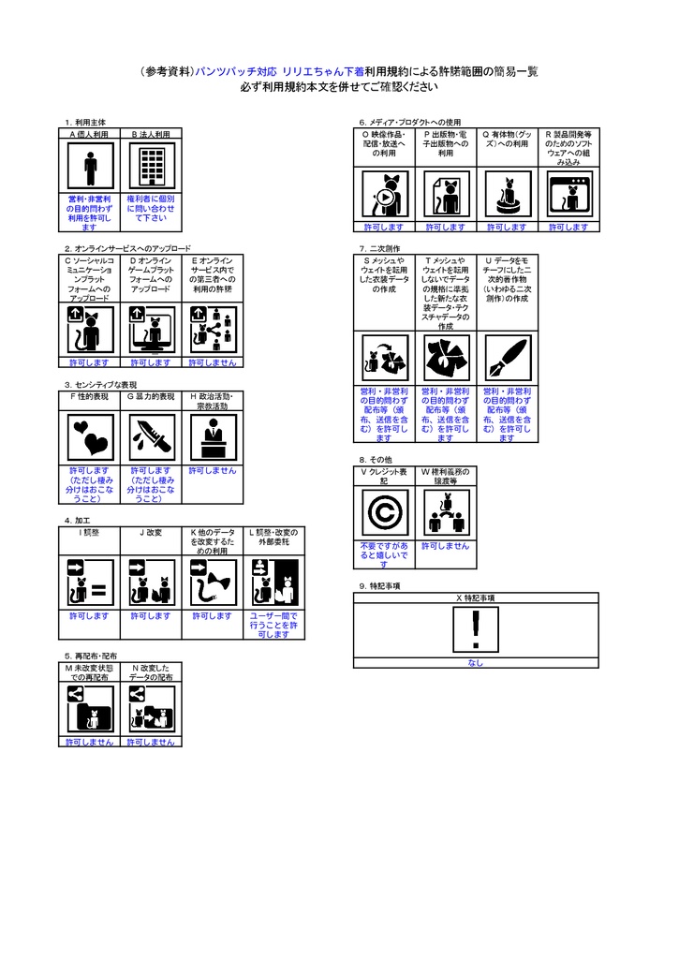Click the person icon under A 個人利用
coord(90,169)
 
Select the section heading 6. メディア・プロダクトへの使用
coord(410,123)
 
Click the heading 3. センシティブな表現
coord(101,384)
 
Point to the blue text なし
coord(476,663)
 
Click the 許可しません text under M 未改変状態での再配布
coord(90,742)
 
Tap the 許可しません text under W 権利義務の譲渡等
coord(446,546)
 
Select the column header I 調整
coord(90,532)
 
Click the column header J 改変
coord(152,532)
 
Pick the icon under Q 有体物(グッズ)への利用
coord(507,195)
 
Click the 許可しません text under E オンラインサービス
coord(213,362)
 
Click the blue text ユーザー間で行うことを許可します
coord(273,625)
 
